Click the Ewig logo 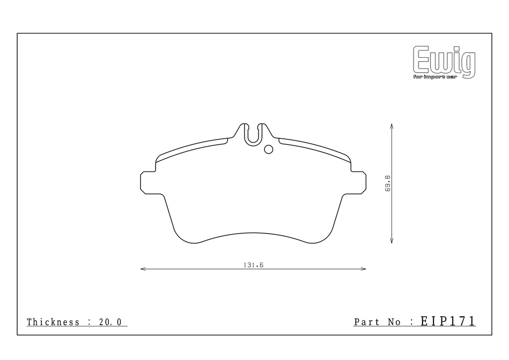click(x=444, y=62)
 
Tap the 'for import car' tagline click(x=435, y=77)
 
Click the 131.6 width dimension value click(x=253, y=265)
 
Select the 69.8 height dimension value click(x=388, y=183)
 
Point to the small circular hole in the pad click(x=268, y=149)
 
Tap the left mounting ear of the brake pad click(x=148, y=183)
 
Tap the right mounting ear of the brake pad click(x=358, y=183)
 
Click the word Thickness click(x=53, y=322)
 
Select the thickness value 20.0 click(x=110, y=322)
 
